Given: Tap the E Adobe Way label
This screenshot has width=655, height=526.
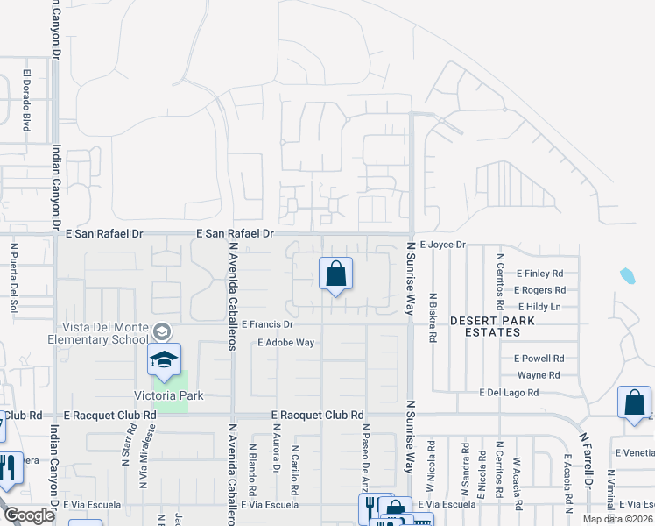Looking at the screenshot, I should (x=285, y=343).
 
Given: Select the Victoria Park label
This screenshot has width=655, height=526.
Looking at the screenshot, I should (x=174, y=396).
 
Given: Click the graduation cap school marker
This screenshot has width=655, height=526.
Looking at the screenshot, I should (x=164, y=360).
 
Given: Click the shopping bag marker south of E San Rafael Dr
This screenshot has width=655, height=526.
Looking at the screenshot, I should (x=335, y=276).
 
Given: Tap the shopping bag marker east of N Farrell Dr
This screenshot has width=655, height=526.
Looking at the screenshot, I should (x=635, y=404).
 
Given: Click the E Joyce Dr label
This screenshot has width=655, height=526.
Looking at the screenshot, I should (x=442, y=245).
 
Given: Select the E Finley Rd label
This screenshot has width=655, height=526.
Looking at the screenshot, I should (x=539, y=274).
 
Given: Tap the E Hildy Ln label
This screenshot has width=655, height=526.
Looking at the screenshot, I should (x=539, y=307).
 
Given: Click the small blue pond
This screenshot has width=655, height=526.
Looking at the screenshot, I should (x=628, y=277).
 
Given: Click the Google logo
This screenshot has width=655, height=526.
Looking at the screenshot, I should (x=30, y=515).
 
